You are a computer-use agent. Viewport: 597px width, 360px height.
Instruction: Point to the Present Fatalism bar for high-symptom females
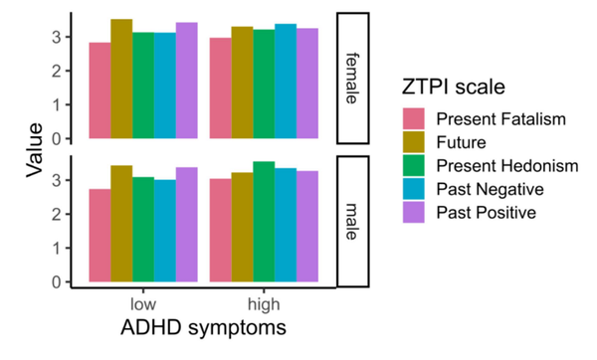(x=220, y=89)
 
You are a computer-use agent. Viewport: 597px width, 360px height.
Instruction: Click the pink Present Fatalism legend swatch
(x=413, y=119)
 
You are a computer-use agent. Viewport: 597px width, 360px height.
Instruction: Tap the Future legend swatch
(x=413, y=142)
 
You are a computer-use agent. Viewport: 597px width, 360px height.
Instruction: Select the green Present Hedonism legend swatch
(x=413, y=166)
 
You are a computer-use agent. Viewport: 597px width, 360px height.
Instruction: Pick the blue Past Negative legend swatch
(x=413, y=189)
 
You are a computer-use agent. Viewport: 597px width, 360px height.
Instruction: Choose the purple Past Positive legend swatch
(x=413, y=213)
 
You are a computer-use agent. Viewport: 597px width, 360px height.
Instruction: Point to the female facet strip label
(x=354, y=78)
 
